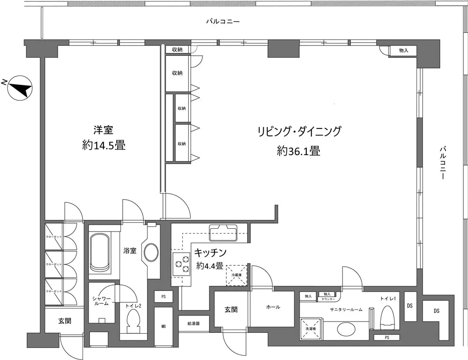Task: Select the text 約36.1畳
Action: tap(298, 151)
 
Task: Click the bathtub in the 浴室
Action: tap(99, 251)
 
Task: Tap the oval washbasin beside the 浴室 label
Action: tap(151, 253)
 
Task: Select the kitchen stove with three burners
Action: tap(181, 264)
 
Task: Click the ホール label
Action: tap(273, 307)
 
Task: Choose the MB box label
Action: tap(163, 326)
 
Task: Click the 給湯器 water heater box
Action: tap(193, 323)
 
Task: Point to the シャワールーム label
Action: tap(101, 300)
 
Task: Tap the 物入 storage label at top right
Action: tap(403, 50)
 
